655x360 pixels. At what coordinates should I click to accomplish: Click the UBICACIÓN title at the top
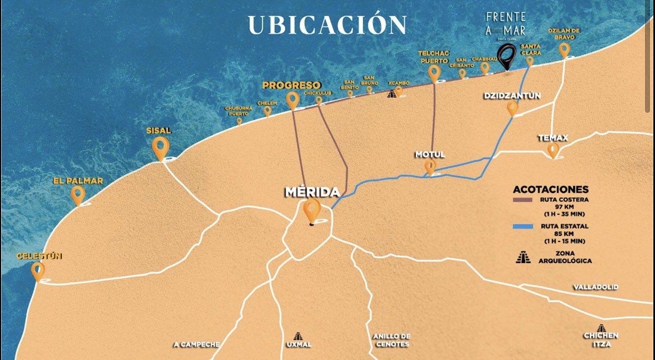coord(327,25)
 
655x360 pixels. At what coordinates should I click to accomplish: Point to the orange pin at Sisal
coord(161,148)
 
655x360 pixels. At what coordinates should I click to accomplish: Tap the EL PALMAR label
coord(78,181)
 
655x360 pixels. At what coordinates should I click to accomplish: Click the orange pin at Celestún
coord(38,271)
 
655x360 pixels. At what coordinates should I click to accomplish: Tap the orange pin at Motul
coord(430,167)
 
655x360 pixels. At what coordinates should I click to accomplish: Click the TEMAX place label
coord(553,138)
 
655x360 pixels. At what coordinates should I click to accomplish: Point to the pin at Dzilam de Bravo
coord(564,50)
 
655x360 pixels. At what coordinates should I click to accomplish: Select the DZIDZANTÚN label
coord(512,96)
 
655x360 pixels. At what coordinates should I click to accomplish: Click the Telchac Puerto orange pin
coord(434,73)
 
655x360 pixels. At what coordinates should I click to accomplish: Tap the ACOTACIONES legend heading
coord(550,189)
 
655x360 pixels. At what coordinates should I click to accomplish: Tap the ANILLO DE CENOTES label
coord(391,340)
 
